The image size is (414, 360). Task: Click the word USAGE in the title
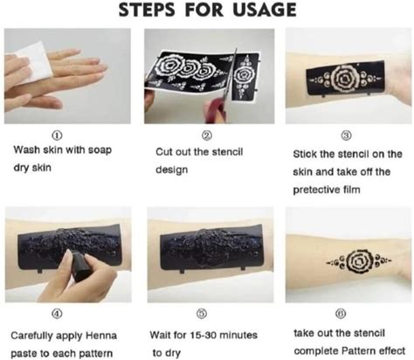coord(265,10)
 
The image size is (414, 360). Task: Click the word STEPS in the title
coord(147,10)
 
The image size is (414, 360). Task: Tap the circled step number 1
coord(57,135)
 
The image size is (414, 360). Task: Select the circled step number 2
coord(207,135)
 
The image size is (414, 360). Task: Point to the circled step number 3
coord(346,135)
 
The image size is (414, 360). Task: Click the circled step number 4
coord(57,314)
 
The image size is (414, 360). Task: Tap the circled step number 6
coord(341,314)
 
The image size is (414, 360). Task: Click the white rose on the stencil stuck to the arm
coord(346,78)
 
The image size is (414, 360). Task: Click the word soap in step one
coord(100,150)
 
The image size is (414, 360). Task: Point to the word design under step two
coord(171,170)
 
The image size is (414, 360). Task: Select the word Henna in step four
coord(101,336)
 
